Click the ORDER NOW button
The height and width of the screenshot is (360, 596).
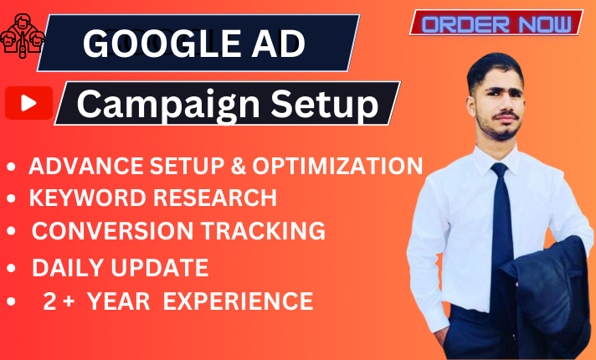point(496,23)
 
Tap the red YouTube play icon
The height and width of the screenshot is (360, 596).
point(28,104)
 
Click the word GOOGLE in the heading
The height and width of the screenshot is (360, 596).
point(143,44)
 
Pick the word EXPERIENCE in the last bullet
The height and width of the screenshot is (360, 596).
point(238,301)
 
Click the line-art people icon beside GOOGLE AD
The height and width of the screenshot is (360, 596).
point(19,36)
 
